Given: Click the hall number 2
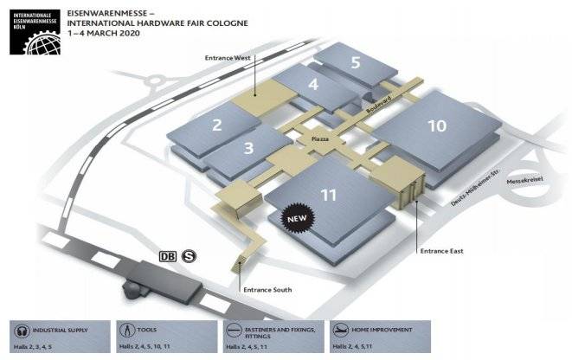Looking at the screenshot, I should tap(217, 125).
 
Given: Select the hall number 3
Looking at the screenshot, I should tap(248, 148).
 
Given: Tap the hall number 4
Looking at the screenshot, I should tap(312, 85).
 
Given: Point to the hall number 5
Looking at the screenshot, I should tap(356, 61).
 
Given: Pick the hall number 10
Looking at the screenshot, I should tap(436, 125).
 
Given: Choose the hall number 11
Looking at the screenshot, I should tap(328, 195).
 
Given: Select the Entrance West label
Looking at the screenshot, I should tap(228, 58).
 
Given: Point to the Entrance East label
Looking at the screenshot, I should tap(440, 251).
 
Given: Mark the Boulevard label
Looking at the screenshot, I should tap(379, 109).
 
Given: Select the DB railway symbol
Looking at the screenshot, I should tap(168, 256).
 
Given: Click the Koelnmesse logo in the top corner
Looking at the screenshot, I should tap(34, 31).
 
